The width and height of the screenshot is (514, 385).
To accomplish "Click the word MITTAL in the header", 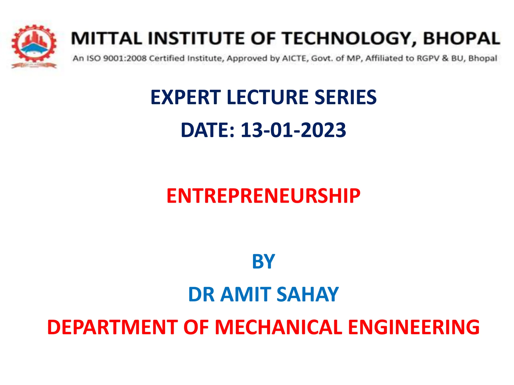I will (x=107, y=39).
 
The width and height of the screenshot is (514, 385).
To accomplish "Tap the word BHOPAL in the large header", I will (x=462, y=39).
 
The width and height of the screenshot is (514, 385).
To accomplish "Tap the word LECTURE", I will (x=268, y=97).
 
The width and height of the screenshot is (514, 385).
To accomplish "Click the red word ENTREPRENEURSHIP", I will (x=263, y=196).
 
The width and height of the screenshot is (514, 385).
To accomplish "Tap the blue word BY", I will (x=263, y=261).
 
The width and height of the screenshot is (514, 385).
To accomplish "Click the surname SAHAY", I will (x=308, y=294).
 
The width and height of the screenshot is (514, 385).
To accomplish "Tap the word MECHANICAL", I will (x=279, y=327).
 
